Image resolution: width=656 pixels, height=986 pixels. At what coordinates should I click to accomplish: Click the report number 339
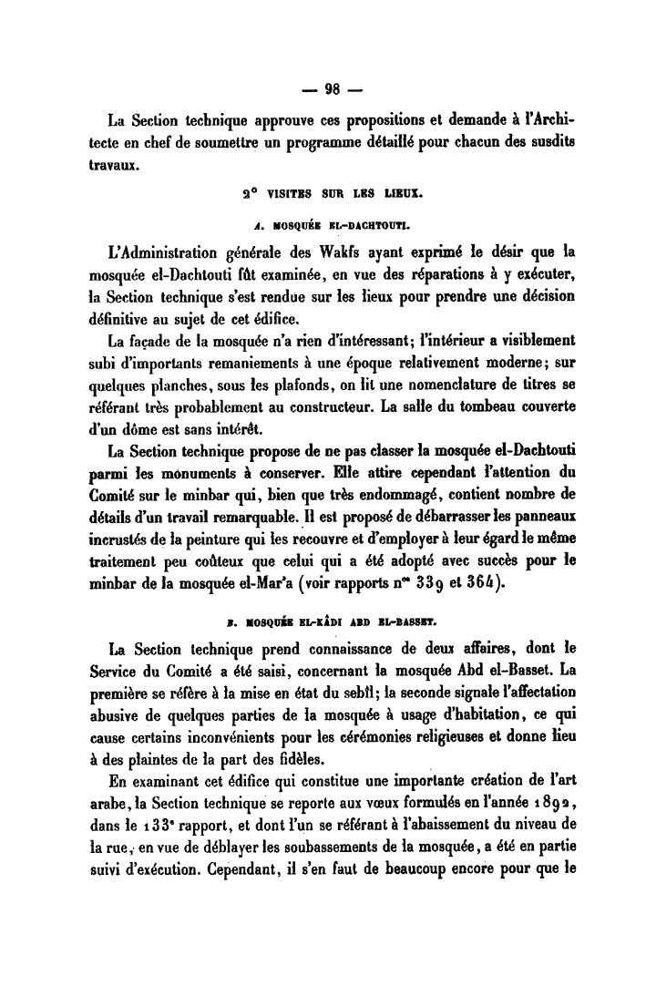point(431,581)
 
